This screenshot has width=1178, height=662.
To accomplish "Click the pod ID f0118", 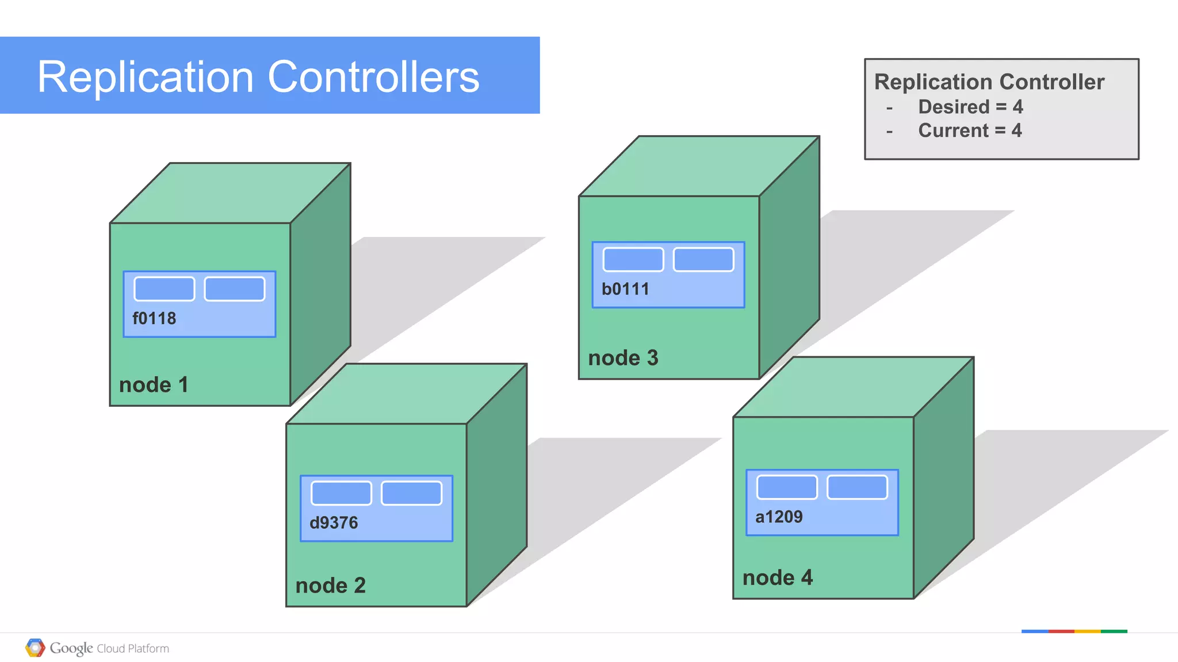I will pos(154,318).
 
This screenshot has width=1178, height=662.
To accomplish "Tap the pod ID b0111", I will pos(625,289).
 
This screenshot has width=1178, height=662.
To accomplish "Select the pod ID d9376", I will pos(334,523).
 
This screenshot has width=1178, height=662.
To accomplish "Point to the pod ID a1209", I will pos(779,517).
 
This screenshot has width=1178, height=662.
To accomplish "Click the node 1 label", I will pos(154,385).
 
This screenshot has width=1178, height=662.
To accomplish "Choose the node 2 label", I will pos(330,586).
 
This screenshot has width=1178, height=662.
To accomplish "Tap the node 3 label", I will pos(623,358).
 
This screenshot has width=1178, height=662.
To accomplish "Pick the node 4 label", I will pos(777,578).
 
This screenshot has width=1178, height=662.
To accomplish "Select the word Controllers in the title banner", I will pos(373,77).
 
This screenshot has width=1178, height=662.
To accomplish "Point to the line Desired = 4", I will pos(970,107).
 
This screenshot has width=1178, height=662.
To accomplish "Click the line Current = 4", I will pos(970,130).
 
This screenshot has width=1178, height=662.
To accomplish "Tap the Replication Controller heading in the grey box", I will pos(989,82).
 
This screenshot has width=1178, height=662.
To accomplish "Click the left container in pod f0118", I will pos(165,289).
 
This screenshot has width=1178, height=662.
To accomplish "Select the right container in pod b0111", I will pos(703,260).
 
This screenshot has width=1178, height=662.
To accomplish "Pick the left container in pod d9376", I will pos(342,493).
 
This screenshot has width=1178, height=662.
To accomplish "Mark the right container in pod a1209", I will pos(857,487).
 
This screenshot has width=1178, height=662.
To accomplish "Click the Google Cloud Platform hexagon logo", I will pos(35,648).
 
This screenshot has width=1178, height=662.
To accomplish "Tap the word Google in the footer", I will pos(71,648).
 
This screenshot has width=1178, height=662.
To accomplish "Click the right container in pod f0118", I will pos(235,289).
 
